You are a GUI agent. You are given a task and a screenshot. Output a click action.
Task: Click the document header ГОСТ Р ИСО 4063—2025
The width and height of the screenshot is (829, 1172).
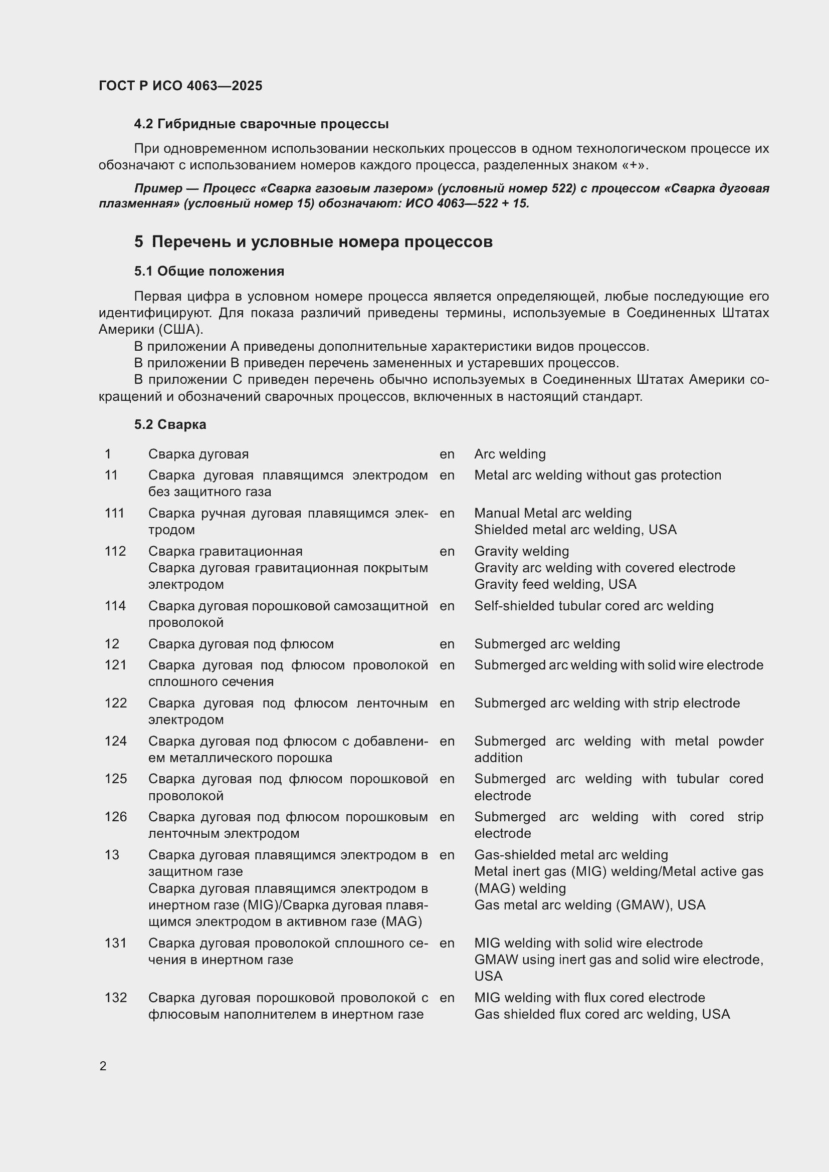180,86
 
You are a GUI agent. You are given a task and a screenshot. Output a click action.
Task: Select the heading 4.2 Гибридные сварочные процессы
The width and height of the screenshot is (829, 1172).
261,124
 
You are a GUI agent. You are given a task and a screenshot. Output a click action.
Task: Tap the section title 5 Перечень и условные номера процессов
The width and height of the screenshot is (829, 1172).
313,242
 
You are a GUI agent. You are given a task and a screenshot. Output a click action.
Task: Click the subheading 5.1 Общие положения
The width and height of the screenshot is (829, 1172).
209,271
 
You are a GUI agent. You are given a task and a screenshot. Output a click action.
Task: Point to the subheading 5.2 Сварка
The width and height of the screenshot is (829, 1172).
170,424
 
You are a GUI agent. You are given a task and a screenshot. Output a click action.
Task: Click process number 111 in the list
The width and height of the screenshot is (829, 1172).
114,513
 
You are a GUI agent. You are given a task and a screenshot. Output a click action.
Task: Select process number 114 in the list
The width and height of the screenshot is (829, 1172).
115,606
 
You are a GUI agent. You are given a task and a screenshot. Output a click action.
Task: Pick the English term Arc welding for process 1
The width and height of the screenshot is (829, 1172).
509,454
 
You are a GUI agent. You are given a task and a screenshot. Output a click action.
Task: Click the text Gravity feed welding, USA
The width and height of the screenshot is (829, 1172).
555,584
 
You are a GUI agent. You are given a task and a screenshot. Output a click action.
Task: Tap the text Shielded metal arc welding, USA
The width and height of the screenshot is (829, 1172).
575,529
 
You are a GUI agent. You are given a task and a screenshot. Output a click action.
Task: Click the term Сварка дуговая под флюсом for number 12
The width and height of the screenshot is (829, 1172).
241,644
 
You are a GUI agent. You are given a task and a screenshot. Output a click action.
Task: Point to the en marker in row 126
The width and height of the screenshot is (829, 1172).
447,817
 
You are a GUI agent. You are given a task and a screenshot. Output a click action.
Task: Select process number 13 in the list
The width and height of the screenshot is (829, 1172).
112,854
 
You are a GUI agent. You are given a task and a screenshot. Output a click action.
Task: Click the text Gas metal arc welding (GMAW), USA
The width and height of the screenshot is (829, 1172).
589,904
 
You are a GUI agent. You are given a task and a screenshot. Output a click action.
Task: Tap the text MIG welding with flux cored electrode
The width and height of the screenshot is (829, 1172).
589,998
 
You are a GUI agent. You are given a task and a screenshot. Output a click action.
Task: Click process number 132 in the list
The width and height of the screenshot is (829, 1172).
115,998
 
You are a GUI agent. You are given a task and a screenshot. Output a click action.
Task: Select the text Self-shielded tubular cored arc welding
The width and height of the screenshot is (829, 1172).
593,606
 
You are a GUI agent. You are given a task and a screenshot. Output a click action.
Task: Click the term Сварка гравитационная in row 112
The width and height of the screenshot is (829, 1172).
225,551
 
